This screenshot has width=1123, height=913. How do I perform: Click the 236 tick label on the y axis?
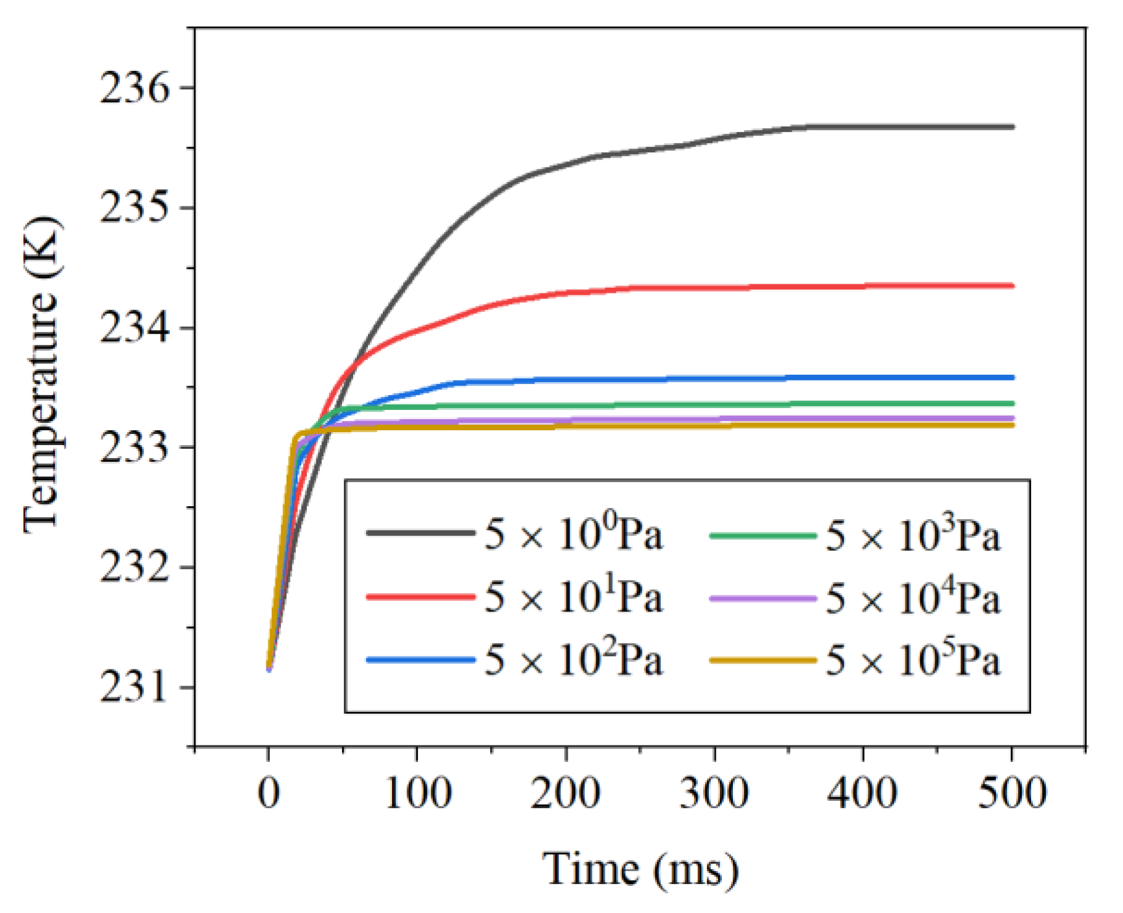134,88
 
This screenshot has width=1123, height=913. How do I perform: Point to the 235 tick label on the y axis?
134,208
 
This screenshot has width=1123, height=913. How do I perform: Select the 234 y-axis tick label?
134,328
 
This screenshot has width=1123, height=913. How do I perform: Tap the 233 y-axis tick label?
134,448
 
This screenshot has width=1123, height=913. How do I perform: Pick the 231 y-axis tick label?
134,687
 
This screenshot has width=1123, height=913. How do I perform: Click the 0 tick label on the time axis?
269,793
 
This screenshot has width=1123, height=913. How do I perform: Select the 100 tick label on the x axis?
418,793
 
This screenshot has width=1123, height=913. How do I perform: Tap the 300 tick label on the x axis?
714,793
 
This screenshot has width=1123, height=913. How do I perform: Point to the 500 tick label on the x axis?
1012,793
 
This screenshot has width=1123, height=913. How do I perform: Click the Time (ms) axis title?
640,870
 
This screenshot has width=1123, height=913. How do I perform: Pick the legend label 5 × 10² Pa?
573,660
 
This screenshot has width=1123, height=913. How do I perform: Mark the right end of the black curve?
1012,127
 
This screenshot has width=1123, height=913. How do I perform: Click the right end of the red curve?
1012,285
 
